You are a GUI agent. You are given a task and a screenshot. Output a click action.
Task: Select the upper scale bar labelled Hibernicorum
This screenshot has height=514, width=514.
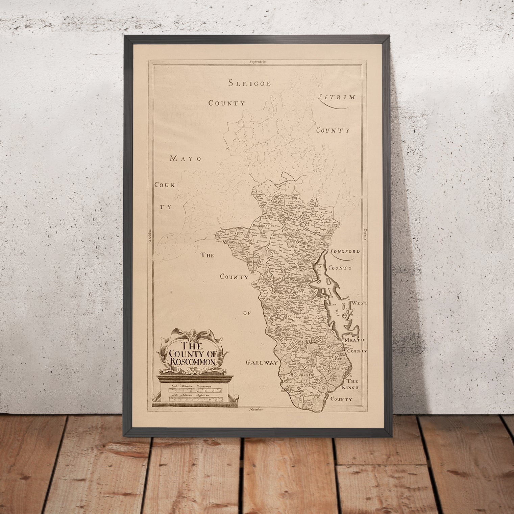[195, 390]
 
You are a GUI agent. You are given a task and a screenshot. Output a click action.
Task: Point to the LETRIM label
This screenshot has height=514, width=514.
[337, 97]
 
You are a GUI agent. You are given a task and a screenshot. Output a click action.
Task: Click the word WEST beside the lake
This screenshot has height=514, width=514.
[360, 303]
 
